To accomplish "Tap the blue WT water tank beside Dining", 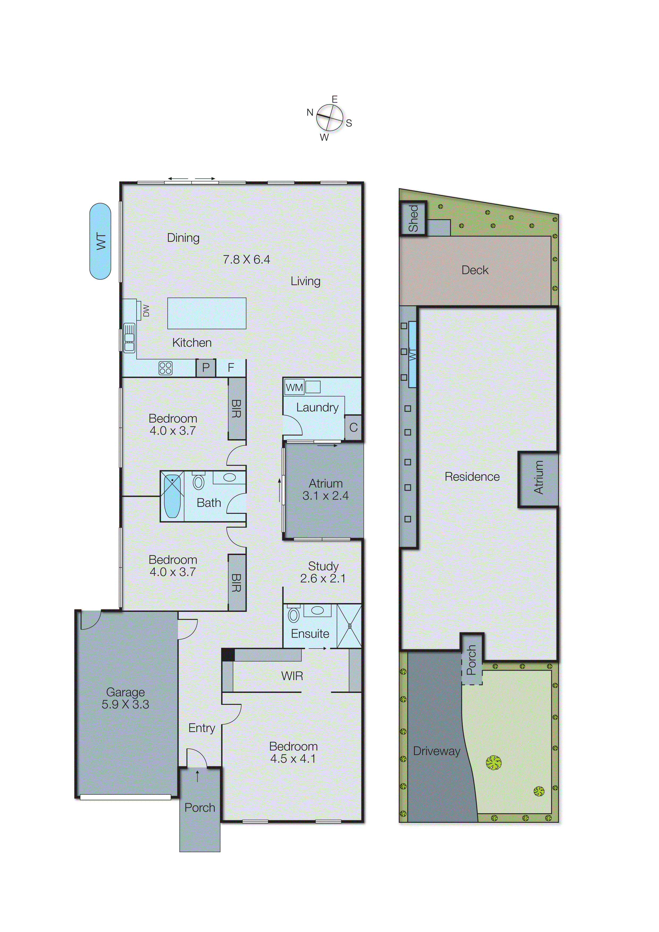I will [x=100, y=241].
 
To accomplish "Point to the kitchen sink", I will [x=129, y=338].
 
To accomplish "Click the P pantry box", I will [x=206, y=368].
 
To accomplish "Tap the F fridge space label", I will [x=231, y=368].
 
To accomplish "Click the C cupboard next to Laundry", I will [x=353, y=427].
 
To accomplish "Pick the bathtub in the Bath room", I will [x=172, y=496].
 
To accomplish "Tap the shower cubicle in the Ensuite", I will [x=349, y=626].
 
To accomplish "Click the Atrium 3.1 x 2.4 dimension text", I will [x=325, y=496].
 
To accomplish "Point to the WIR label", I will [x=292, y=676].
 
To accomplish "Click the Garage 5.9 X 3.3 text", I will [x=125, y=698].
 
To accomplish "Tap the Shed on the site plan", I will [x=413, y=218].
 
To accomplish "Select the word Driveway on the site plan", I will [x=437, y=751].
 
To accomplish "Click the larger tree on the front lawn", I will [x=494, y=762].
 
